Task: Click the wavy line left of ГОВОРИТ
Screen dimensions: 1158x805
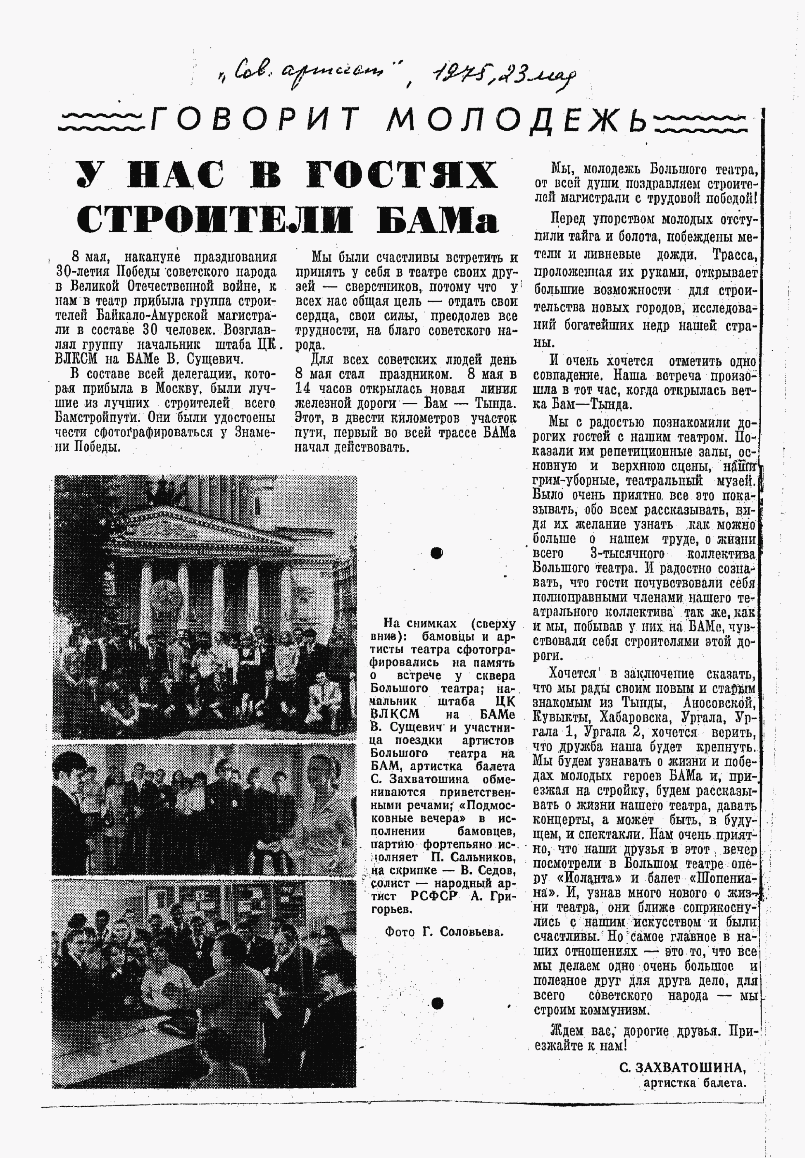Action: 103,120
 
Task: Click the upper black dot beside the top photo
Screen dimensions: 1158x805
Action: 436,553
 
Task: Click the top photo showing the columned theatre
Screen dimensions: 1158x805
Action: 205,607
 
